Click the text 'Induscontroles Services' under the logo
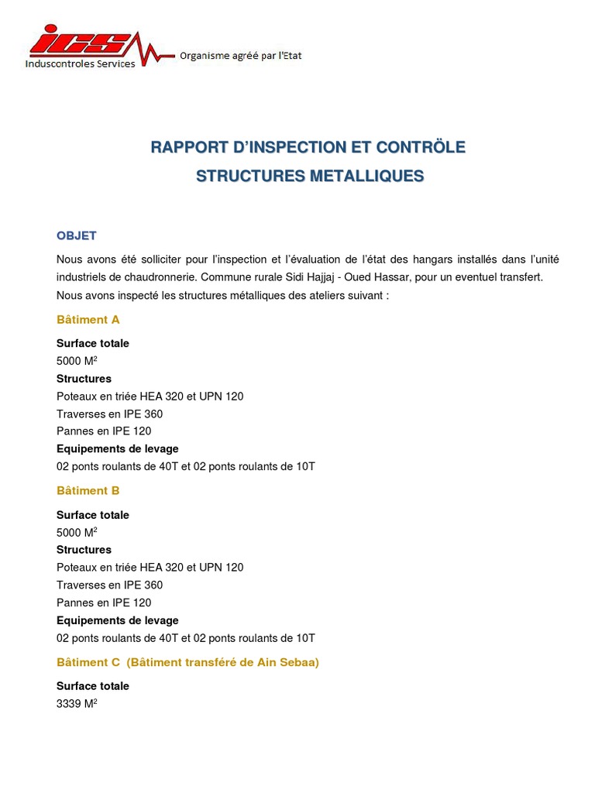[x=80, y=64]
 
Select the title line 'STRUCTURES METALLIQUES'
[x=310, y=176]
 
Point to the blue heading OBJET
[x=76, y=235]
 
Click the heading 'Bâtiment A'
[x=88, y=319]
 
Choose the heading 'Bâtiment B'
[x=88, y=490]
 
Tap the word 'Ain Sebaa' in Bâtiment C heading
[x=289, y=662]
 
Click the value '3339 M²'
[x=77, y=703]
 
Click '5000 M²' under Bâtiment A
[x=77, y=361]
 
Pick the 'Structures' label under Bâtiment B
[x=84, y=550]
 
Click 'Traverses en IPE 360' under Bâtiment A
[x=109, y=414]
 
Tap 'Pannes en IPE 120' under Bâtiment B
[x=104, y=602]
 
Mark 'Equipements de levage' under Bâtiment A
[x=117, y=449]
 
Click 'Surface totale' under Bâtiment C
[x=93, y=686]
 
